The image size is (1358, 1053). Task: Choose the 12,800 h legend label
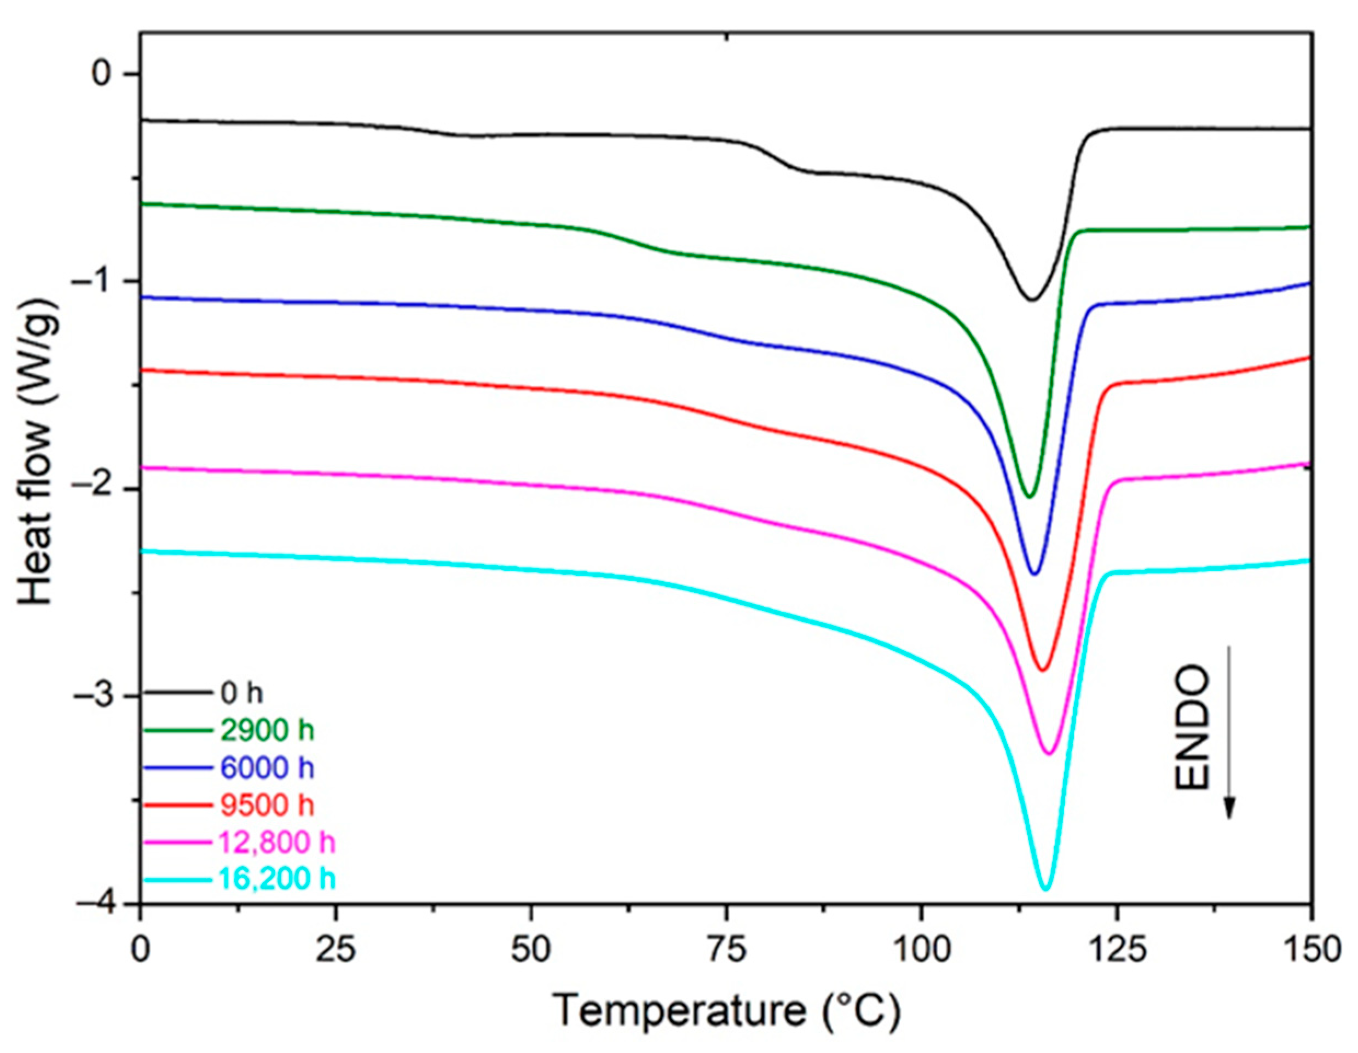(x=278, y=842)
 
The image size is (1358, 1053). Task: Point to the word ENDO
(x=1192, y=728)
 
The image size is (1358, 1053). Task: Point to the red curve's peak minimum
(x=1043, y=670)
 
